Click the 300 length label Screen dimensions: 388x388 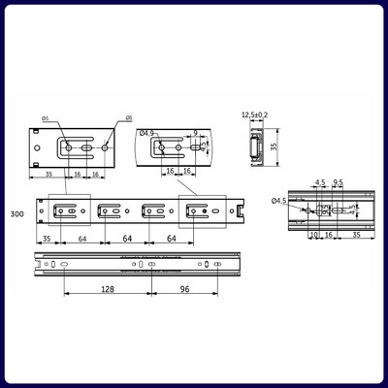(17, 213)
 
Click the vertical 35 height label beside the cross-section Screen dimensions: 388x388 (274, 148)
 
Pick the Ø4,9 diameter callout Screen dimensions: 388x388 (147, 133)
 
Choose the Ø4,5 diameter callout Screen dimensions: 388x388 (279, 201)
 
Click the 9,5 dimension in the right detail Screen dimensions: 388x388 (339, 181)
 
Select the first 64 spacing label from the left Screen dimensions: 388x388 (83, 238)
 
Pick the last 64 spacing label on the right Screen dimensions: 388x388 (173, 238)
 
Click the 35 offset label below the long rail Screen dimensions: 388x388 (47, 238)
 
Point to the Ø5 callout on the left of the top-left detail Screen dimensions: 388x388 (46, 119)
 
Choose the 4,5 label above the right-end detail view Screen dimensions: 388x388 (320, 181)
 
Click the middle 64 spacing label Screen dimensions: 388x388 (128, 238)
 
